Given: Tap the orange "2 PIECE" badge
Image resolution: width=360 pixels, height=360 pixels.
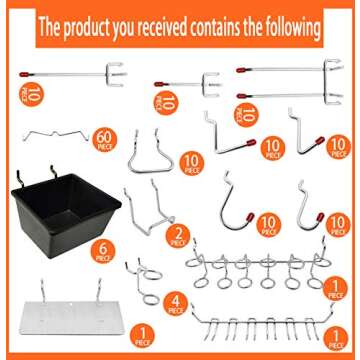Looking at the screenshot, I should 179,237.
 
